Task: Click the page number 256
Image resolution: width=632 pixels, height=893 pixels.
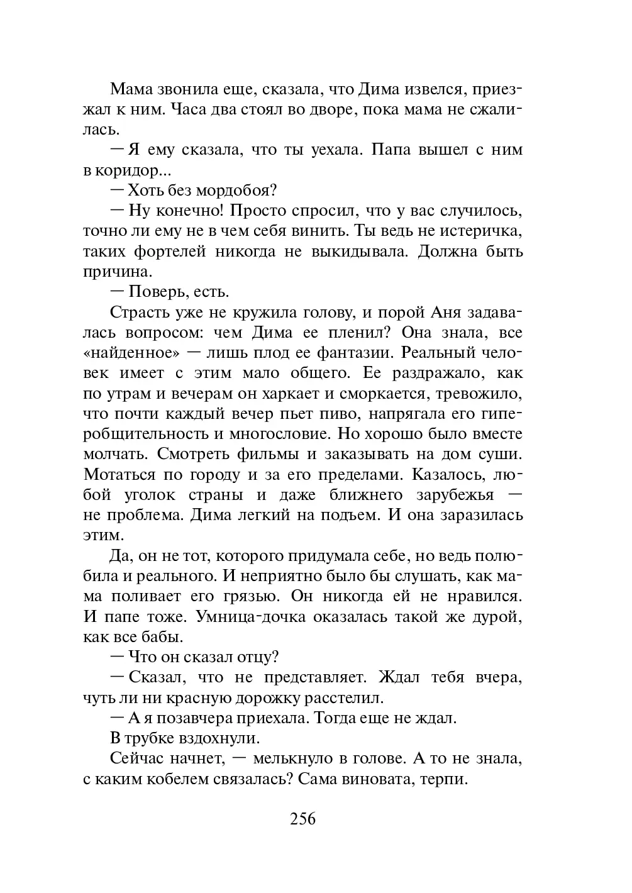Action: [x=302, y=819]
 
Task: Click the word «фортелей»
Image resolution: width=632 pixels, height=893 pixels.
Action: [x=170, y=252]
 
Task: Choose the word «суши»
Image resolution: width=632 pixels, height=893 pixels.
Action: [x=501, y=454]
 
